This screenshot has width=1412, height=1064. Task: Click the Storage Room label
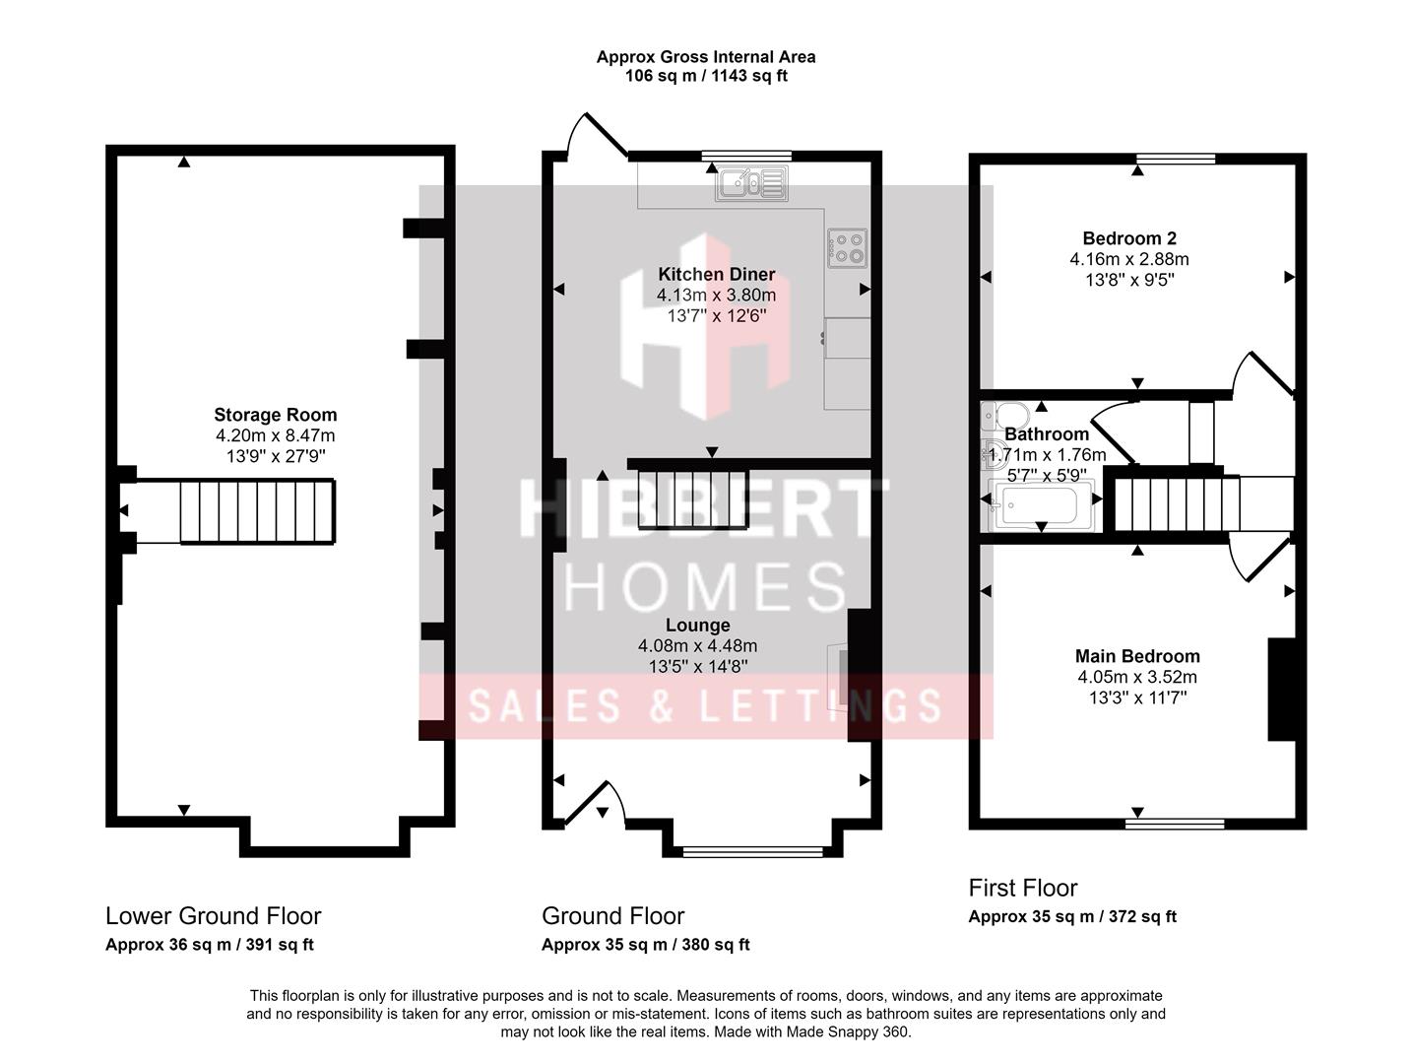pos(275,415)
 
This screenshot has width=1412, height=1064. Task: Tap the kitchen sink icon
pos(751,183)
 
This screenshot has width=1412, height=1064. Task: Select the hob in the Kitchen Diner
pos(847,248)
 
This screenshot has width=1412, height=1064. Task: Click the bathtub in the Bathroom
pos(1040,505)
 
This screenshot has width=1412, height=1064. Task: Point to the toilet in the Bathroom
pos(1004,416)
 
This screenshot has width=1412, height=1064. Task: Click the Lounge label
pos(697,625)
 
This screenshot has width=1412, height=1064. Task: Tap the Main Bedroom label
pos(1137,656)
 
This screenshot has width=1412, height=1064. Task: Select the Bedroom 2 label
pos(1129,238)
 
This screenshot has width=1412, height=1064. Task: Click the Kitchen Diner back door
pos(597,135)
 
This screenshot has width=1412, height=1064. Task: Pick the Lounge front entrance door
pos(595,803)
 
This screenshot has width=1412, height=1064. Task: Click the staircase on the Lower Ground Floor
pos(257,511)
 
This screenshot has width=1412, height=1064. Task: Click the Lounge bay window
pos(752,851)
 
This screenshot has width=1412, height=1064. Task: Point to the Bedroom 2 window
pos(1176,159)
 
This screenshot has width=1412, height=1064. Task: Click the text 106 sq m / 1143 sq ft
pos(706,76)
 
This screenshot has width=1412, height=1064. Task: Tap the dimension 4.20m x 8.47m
pos(275,435)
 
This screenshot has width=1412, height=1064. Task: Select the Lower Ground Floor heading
pos(213,915)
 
